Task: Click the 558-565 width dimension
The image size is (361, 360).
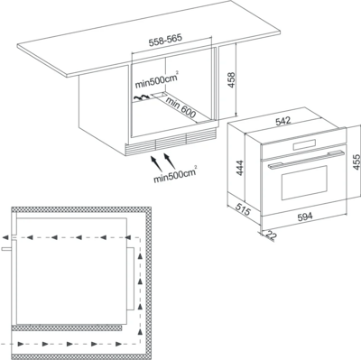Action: [x=165, y=41]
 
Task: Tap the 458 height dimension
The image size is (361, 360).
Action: [x=231, y=79]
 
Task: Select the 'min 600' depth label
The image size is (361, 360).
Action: [x=180, y=107]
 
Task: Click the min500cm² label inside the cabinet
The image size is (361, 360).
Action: [x=155, y=80]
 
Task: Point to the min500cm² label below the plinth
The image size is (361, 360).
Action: [x=175, y=174]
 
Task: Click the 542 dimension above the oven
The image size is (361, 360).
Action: [x=283, y=121]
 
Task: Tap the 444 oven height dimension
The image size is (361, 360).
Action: [x=239, y=168]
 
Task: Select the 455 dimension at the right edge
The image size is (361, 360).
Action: [x=356, y=162]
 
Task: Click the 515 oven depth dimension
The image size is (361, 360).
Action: [x=243, y=209]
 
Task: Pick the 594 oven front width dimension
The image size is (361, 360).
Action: [x=305, y=216]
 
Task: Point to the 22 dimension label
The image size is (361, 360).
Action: [x=271, y=235]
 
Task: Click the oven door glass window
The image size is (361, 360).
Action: [x=304, y=182]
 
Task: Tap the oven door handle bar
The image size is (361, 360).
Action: [x=305, y=159]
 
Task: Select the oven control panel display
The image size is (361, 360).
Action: [x=303, y=144]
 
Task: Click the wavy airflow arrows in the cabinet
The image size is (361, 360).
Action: [x=142, y=97]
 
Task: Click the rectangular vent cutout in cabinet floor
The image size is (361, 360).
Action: [x=160, y=96]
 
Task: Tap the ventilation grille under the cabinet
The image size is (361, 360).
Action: [x=171, y=141]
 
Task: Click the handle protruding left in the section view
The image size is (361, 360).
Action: [x=6, y=249]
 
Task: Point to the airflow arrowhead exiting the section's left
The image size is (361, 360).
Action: [x=5, y=237]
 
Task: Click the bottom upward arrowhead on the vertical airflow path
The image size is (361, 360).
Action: [x=140, y=331]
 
